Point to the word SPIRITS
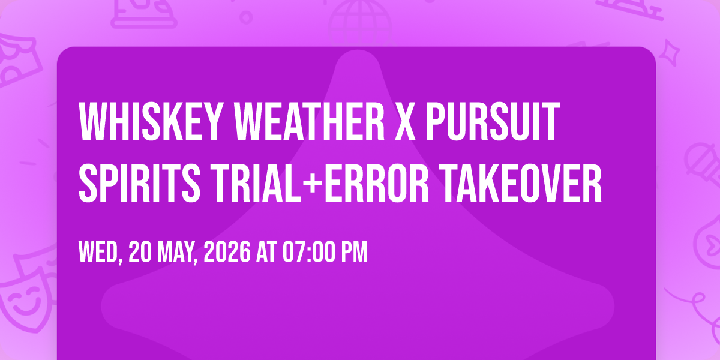(x=139, y=183)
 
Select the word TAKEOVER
(x=520, y=183)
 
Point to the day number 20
(x=140, y=252)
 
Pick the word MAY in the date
(x=175, y=253)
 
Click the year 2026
(x=227, y=252)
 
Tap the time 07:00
(x=309, y=252)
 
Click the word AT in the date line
(x=266, y=252)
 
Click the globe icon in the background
(x=360, y=23)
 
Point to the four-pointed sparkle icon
(x=670, y=53)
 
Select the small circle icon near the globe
(x=246, y=17)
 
